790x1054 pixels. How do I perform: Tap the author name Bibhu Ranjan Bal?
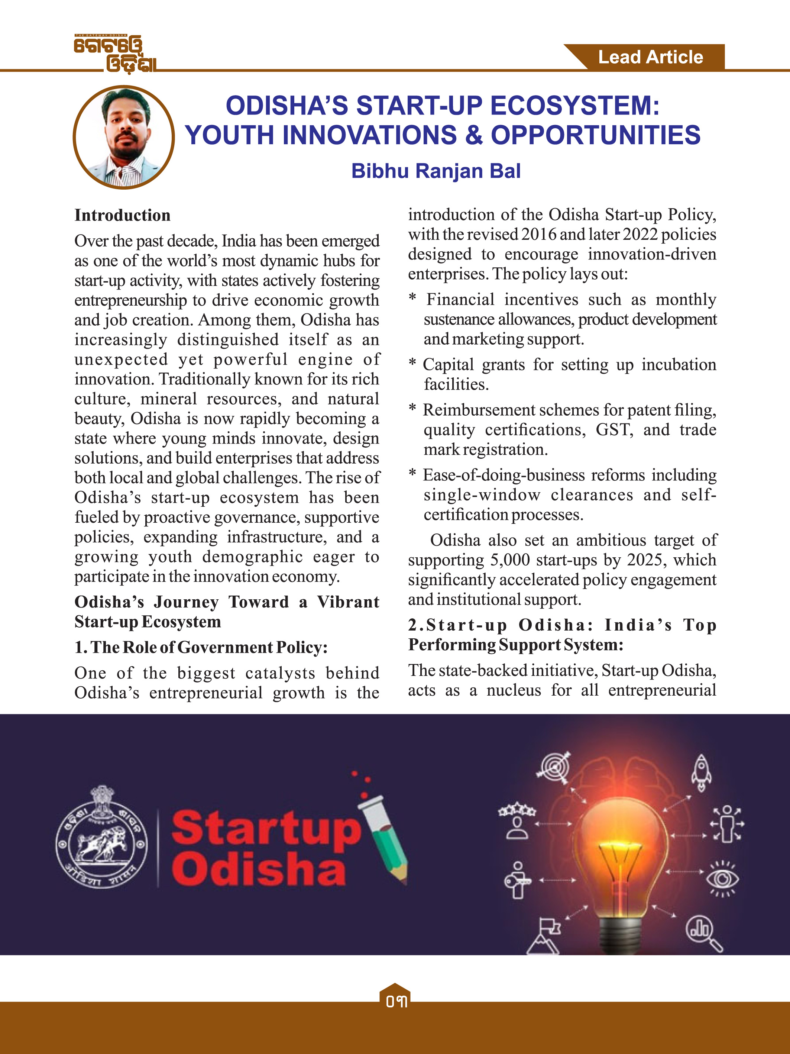436,171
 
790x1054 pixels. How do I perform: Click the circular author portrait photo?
124,137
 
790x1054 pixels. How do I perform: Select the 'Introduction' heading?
122,215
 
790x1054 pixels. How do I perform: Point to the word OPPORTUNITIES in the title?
595,135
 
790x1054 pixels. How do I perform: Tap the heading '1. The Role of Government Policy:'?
201,647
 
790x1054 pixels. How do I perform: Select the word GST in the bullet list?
614,430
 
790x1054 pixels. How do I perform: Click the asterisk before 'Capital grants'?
412,364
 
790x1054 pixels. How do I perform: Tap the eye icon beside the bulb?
722,878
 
